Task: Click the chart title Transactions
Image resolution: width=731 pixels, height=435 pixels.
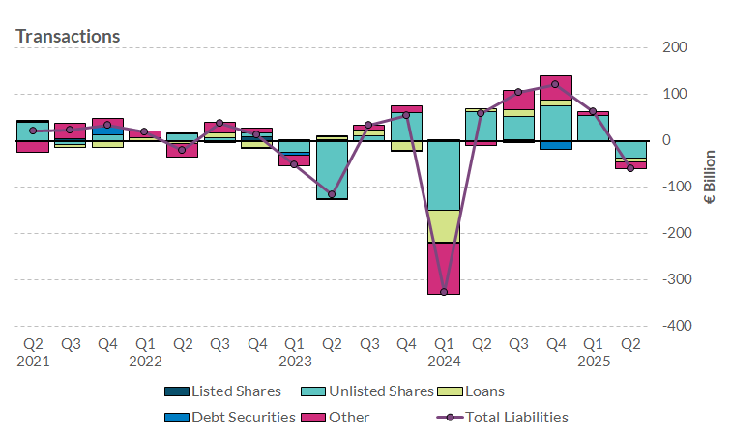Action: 68,36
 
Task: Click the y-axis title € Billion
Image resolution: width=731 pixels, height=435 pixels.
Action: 709,177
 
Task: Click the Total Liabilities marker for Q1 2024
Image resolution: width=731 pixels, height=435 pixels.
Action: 444,291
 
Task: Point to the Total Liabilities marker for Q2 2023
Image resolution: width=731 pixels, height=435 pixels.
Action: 332,194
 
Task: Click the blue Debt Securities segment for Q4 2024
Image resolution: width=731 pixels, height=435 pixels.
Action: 555,145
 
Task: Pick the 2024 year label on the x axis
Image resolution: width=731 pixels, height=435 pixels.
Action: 444,362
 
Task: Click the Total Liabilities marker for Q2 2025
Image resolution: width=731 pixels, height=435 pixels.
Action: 630,168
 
